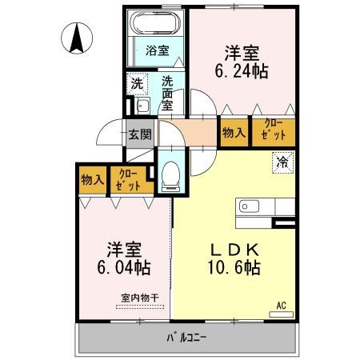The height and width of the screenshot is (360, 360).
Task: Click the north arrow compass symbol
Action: pyautogui.click(x=77, y=38)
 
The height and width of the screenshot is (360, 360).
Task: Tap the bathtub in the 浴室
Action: pyautogui.click(x=155, y=22)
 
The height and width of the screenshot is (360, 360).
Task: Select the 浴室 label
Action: pyautogui.click(x=158, y=50)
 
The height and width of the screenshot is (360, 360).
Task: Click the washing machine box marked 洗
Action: pyautogui.click(x=137, y=84)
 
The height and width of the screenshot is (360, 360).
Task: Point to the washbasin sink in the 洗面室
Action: pyautogui.click(x=142, y=106)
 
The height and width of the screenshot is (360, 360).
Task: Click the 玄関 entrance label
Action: pyautogui.click(x=140, y=134)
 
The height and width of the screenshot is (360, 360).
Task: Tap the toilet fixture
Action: pyautogui.click(x=171, y=176)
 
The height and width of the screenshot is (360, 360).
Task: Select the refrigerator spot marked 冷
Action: pyautogui.click(x=283, y=162)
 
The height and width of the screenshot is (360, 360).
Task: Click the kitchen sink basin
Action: pyautogui.click(x=249, y=206)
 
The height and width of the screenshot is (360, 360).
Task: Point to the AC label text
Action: pyautogui.click(x=282, y=306)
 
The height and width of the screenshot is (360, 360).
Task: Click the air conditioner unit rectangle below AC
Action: pyautogui.click(x=281, y=314)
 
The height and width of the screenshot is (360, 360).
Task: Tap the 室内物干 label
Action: pyautogui.click(x=140, y=298)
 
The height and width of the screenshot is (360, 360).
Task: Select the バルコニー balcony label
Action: pyautogui.click(x=186, y=338)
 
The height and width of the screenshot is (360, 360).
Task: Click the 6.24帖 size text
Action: pyautogui.click(x=242, y=71)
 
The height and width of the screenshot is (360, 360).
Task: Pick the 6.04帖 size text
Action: pyautogui.click(x=124, y=267)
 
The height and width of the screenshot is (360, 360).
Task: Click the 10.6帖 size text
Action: pyautogui.click(x=234, y=267)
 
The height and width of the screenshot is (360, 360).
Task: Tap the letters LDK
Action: pyautogui.click(x=235, y=250)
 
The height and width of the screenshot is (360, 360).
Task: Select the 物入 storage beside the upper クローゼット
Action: pyautogui.click(x=234, y=133)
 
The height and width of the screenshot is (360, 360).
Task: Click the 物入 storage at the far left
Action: pyautogui.click(x=93, y=180)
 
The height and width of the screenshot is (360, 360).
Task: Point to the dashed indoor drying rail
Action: pyautogui.click(x=140, y=306)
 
